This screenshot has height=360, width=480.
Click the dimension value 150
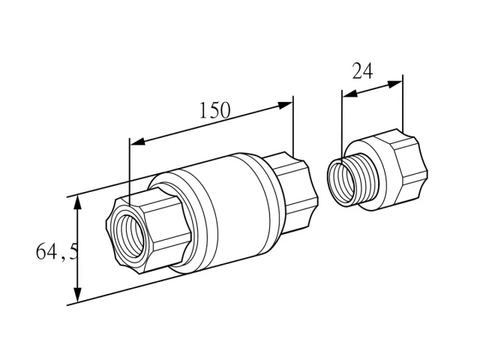click(x=214, y=110)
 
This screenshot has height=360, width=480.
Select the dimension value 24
click(x=363, y=71)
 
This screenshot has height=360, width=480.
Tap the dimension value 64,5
click(x=57, y=252)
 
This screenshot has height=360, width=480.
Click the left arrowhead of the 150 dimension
click(x=138, y=141)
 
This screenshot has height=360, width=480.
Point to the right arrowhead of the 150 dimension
click(x=285, y=105)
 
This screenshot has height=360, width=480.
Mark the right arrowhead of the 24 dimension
click(x=395, y=84)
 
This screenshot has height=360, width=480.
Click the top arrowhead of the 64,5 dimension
click(x=78, y=203)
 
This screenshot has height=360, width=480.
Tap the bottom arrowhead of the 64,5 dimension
click(x=78, y=295)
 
